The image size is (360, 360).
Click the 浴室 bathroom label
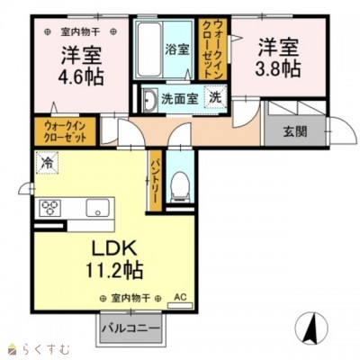coord(176,50)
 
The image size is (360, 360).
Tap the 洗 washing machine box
coord(216,96)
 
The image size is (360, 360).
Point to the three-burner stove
coord(49,209)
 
